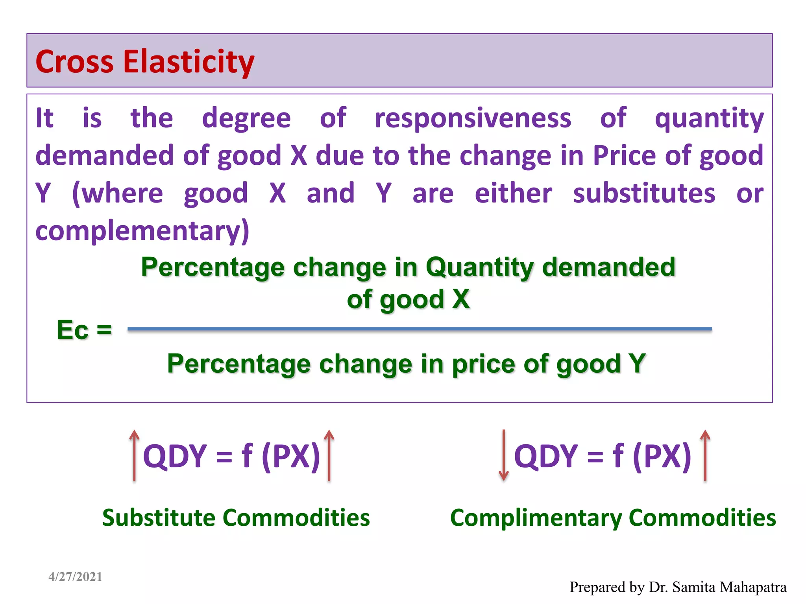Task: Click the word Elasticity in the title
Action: (x=189, y=62)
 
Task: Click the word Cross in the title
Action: (x=74, y=62)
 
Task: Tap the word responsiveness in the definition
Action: (x=473, y=118)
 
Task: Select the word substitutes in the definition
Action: (x=644, y=193)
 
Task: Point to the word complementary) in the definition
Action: (x=142, y=231)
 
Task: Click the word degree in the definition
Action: (x=246, y=118)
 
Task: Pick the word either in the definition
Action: (x=513, y=193)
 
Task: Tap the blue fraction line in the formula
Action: (x=420, y=329)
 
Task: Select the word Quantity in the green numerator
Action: (x=480, y=267)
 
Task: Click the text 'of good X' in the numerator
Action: (x=408, y=299)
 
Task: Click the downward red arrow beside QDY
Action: (x=503, y=455)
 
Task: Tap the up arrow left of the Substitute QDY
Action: (x=134, y=455)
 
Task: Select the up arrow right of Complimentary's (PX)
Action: (x=705, y=455)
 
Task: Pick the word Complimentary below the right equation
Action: (x=536, y=518)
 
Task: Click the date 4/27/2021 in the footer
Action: (x=75, y=576)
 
